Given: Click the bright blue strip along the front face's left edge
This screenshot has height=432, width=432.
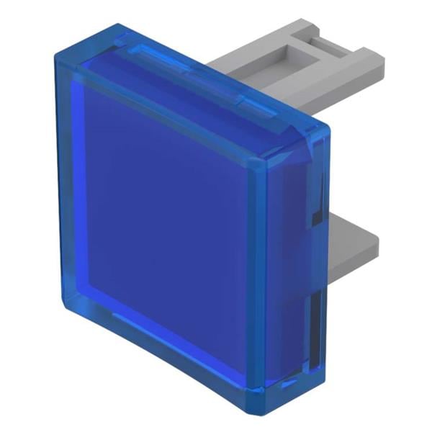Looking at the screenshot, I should pyautogui.click(x=79, y=194).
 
